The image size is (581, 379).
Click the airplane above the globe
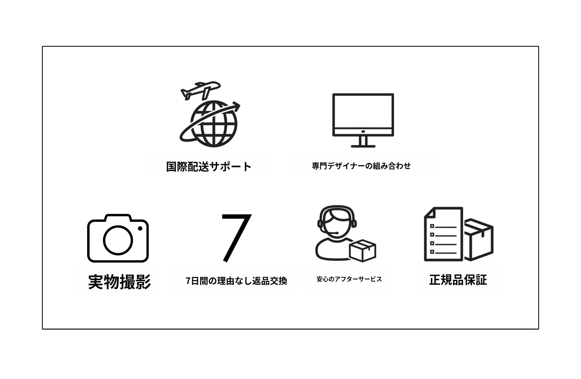coord(201,90)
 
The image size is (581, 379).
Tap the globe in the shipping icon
coord(214,124)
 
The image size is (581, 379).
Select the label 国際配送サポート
coord(209,167)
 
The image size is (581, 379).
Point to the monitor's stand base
coord(363,146)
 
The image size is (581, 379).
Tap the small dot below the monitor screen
coord(363,132)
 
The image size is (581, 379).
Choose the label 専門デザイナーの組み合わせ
coord(361,166)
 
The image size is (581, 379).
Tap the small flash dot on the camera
coord(140,228)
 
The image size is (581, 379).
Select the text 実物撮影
coord(119,282)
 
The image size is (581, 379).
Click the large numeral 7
coord(236,238)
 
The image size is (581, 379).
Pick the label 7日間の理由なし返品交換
coord(236,281)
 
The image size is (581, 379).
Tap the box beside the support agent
coord(363,250)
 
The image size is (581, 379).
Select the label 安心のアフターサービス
coord(349,279)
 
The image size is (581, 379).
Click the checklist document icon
coord(444,234)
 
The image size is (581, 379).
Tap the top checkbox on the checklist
coord(432,226)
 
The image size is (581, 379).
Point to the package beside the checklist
coord(479,239)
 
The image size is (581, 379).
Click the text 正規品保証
coord(458,280)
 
